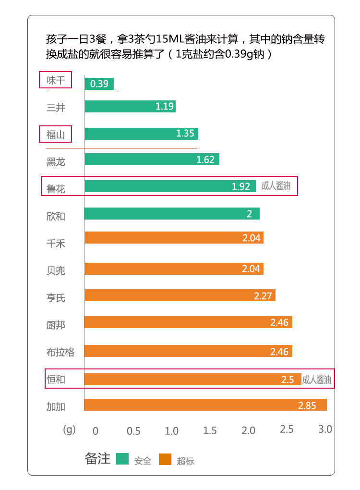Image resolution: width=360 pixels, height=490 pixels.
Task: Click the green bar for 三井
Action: pos(130,107)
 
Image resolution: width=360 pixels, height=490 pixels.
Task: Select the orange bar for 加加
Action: pos(205,405)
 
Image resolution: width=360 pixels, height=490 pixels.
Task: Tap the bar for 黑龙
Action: pos(152,159)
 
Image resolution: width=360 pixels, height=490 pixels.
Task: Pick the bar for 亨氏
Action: pos(180,295)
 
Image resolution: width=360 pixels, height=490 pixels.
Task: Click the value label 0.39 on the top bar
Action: pos(99,84)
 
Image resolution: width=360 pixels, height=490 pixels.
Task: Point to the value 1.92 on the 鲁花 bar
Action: pos(241,186)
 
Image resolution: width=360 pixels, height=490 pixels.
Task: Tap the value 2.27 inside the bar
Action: pos(263,296)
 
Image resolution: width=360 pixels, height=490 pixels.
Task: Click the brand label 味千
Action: pos(55,80)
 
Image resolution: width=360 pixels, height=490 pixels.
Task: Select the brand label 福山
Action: pos(55,135)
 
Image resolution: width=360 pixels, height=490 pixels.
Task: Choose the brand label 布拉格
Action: pos(60,352)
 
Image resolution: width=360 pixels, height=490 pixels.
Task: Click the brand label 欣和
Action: pos(56,216)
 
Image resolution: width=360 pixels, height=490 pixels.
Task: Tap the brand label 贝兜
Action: pos(56,270)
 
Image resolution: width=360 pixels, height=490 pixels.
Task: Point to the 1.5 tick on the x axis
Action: pos(210,430)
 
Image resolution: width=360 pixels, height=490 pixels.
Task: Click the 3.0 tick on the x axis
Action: pos(325,429)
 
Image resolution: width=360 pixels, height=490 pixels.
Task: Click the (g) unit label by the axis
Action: pos(70,429)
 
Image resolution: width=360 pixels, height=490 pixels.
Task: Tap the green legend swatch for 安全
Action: pos(123,459)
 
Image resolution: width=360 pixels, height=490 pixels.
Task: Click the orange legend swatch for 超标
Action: pos(165,459)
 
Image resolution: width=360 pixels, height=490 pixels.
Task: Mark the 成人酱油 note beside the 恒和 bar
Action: pos(316,380)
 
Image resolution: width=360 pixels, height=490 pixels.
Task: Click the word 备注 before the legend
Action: pos(97,459)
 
